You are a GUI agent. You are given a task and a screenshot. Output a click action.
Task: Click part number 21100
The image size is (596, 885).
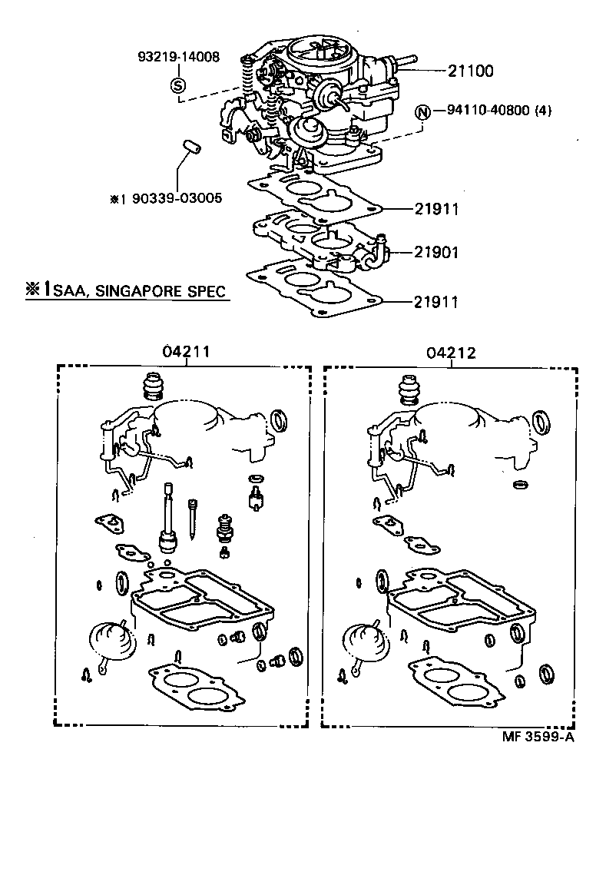click(472, 71)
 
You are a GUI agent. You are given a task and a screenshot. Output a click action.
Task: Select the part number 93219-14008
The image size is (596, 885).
click(178, 57)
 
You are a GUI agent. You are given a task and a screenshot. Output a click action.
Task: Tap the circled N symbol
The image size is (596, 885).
click(422, 111)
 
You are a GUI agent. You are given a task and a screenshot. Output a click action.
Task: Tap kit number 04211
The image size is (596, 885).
click(186, 353)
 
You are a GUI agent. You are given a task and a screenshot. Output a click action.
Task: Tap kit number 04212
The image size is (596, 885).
click(452, 353)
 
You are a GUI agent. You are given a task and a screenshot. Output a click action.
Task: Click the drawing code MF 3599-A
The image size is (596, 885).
click(538, 737)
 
